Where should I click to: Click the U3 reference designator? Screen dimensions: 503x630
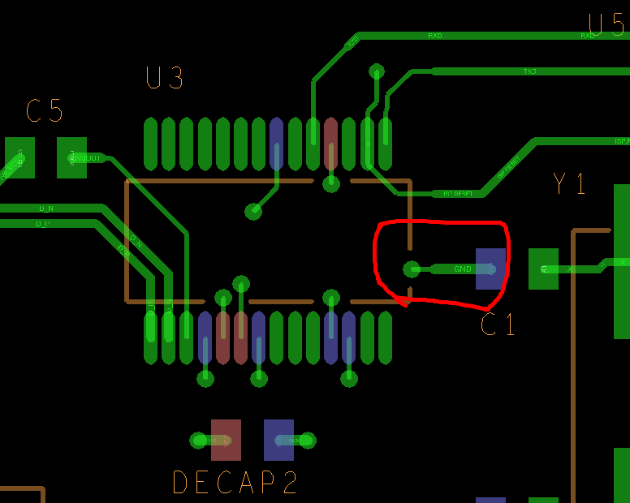(165, 79)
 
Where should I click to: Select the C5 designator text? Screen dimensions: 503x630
(45, 111)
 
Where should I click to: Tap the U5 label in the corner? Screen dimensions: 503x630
(607, 25)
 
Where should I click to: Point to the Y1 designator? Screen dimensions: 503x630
(569, 184)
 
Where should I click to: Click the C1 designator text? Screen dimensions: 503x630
(498, 325)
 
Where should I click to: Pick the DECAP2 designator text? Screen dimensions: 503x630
(235, 483)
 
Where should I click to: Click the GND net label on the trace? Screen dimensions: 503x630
(463, 269)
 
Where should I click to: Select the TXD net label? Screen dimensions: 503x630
(529, 71)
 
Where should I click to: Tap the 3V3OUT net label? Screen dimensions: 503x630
(88, 158)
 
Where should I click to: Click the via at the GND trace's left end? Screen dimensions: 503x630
(412, 269)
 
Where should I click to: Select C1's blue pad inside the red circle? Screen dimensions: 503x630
(490, 269)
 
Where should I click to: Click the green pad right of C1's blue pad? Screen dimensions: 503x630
(543, 269)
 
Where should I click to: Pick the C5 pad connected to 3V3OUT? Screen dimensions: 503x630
(71, 157)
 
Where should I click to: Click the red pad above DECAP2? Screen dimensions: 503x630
(226, 440)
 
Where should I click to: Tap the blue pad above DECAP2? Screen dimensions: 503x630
(278, 440)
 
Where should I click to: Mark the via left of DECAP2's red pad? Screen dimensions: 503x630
(199, 441)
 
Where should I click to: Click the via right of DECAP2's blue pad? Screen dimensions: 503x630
(308, 441)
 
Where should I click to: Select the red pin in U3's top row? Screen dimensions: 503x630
(330, 144)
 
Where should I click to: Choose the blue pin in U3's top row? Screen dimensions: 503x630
(276, 144)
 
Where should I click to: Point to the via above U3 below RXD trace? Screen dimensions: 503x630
(377, 71)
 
